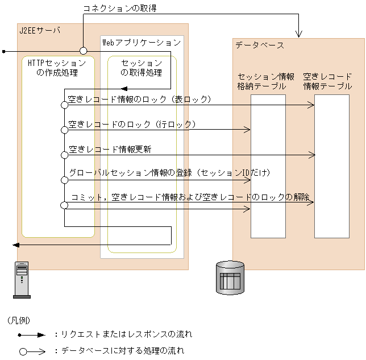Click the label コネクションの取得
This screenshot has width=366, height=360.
click(120, 9)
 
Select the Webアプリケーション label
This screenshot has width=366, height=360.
click(141, 43)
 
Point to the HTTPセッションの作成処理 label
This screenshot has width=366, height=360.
click(57, 68)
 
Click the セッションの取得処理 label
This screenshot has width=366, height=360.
click(142, 68)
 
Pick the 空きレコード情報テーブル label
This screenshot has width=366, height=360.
click(328, 81)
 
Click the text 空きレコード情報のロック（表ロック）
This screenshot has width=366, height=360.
click(140, 100)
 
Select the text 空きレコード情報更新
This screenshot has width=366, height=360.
click(110, 150)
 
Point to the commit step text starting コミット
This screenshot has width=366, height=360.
click(190, 197)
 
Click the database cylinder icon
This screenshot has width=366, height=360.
click(230, 277)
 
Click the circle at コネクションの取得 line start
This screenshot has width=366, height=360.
click(83, 51)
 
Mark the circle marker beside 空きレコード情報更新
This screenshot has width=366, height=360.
click(64, 155)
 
